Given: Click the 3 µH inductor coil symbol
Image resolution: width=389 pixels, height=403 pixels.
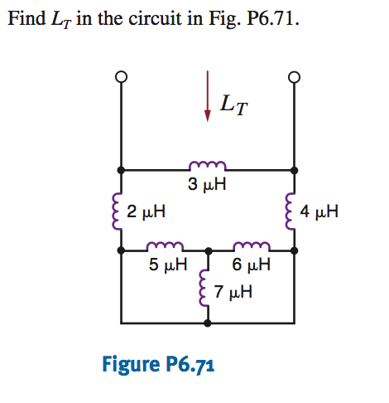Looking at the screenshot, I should click(207, 165).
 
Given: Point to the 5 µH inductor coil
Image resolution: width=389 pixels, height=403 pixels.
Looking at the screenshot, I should click(165, 246).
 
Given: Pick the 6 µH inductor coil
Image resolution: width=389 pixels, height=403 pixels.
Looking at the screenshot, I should click(249, 246).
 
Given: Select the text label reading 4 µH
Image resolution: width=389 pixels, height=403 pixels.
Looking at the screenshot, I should click(319, 211).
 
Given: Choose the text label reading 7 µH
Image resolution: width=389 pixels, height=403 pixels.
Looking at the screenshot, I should click(233, 293).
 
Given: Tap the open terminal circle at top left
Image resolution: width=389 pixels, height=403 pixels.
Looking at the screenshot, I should click(122, 77).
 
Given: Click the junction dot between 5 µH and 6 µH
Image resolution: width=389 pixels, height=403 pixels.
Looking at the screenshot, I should click(207, 250).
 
